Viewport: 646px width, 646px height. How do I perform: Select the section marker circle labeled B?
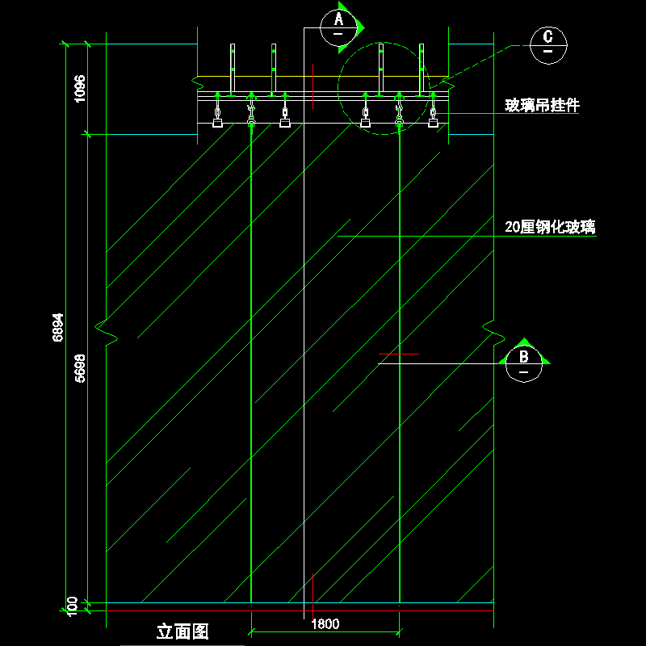tap(522, 363)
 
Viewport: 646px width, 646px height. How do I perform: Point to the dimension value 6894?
tap(58, 327)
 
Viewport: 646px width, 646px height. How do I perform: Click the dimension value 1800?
tap(325, 623)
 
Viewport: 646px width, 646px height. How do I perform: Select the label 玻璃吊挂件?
tap(542, 105)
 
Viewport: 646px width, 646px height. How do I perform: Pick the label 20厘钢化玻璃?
tap(550, 228)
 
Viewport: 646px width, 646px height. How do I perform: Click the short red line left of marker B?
tap(399, 354)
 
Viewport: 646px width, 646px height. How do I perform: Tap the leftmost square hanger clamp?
tap(217, 124)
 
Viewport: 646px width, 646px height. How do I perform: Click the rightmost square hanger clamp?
tap(433, 124)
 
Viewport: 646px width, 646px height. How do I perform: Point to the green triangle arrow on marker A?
tap(359, 27)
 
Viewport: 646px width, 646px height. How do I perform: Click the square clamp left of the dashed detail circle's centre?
tap(366, 124)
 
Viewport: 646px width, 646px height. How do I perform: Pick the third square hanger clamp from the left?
tap(284, 124)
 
